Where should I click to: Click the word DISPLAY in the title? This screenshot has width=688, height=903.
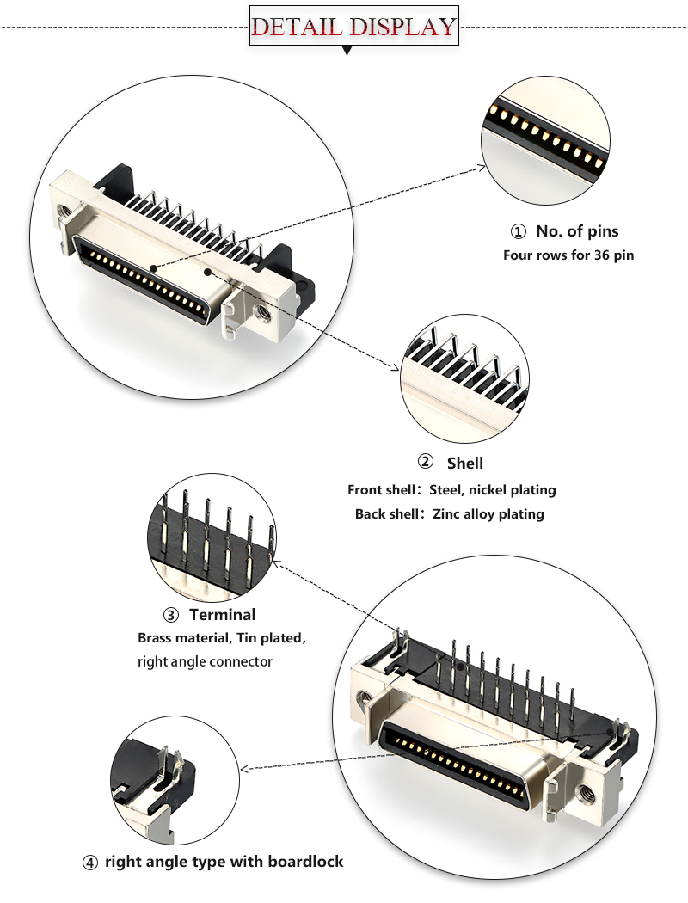point(401,26)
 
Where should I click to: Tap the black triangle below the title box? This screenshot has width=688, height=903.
point(347,52)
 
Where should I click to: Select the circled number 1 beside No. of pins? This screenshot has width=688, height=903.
point(518,231)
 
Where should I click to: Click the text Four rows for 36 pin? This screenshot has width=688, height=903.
point(568,255)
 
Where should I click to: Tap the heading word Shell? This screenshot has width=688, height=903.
point(465,464)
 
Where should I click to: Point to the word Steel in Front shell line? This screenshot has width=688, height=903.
point(447,490)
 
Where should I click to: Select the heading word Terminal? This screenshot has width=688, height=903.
point(223,615)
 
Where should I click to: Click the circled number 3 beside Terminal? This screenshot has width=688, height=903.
point(171,615)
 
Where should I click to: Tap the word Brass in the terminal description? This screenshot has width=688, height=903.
point(157,639)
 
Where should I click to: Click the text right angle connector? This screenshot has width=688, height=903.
point(205,662)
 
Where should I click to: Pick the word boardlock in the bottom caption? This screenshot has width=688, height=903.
point(305,861)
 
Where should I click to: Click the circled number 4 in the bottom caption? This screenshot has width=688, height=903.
point(90,862)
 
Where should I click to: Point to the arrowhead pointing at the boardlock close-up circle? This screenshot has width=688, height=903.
point(245,768)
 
